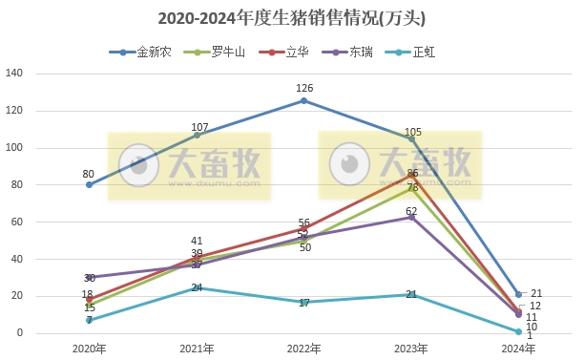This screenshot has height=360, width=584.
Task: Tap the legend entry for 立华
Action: (283, 53)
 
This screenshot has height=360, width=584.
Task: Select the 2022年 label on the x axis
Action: (303, 349)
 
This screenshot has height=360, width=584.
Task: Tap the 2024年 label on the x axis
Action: (518, 349)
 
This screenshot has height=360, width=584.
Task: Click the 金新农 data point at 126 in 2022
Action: (303, 100)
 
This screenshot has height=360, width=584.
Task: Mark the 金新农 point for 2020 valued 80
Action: (89, 184)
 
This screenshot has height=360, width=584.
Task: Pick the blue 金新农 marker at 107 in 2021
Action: (197, 135)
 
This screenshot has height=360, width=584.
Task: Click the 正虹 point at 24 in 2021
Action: (197, 288)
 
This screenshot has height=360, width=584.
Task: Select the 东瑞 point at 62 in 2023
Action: (411, 218)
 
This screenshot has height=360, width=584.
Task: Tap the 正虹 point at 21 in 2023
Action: (411, 294)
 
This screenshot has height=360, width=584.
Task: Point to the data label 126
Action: (304, 89)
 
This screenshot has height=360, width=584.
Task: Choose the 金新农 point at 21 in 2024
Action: (518, 294)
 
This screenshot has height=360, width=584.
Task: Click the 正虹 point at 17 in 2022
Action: (303, 302)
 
